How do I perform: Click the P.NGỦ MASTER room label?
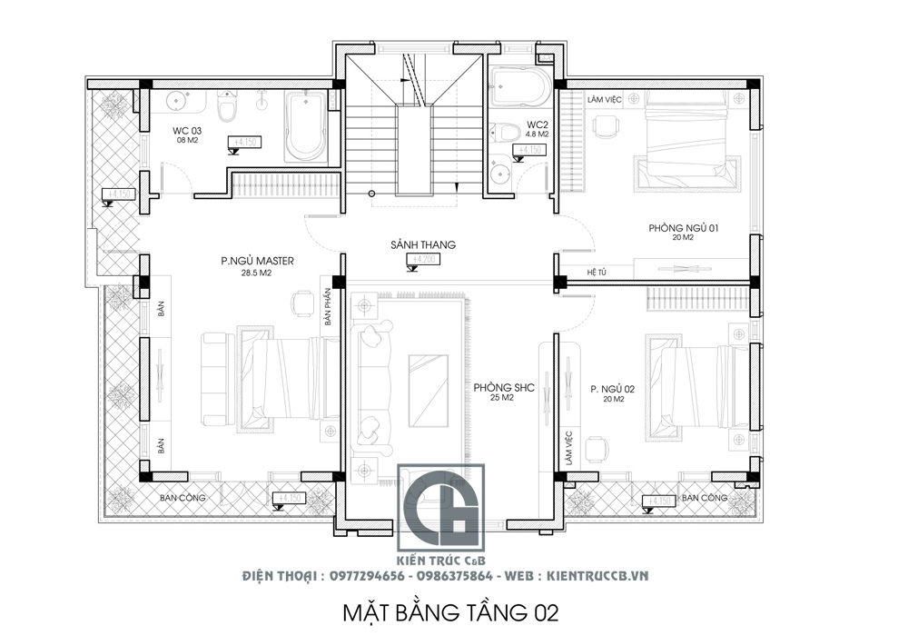click(257, 261)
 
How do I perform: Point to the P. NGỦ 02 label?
click(611, 388)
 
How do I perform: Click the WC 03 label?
click(187, 131)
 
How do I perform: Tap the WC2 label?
click(537, 124)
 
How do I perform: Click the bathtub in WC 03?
click(306, 126)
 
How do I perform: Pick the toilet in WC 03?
click(227, 107)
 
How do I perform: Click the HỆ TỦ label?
click(597, 272)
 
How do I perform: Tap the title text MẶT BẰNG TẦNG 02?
click(449, 611)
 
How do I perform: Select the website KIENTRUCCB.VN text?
click(594, 576)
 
